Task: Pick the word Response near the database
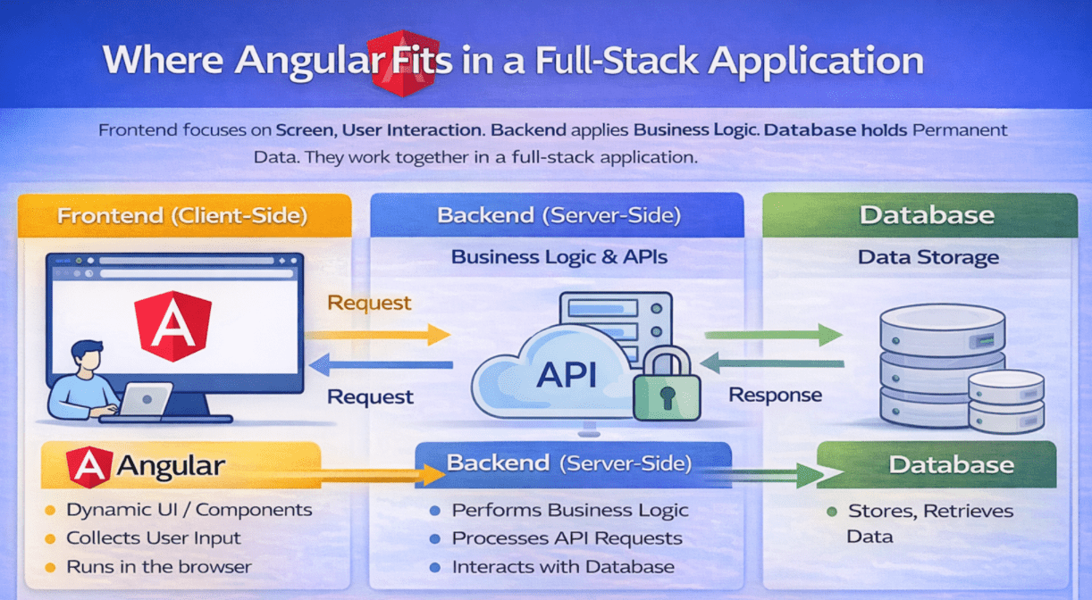pyautogui.click(x=776, y=395)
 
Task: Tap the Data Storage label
pyautogui.click(x=928, y=258)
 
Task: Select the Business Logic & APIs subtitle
pyautogui.click(x=559, y=258)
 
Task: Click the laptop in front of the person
pyautogui.click(x=145, y=401)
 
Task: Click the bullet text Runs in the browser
pyautogui.click(x=159, y=567)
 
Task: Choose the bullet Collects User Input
pyautogui.click(x=154, y=538)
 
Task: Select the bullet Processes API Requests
pyautogui.click(x=567, y=538)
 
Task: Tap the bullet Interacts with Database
pyautogui.click(x=563, y=567)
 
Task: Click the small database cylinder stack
pyautogui.click(x=1005, y=401)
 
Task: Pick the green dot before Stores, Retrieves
pyautogui.click(x=831, y=512)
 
